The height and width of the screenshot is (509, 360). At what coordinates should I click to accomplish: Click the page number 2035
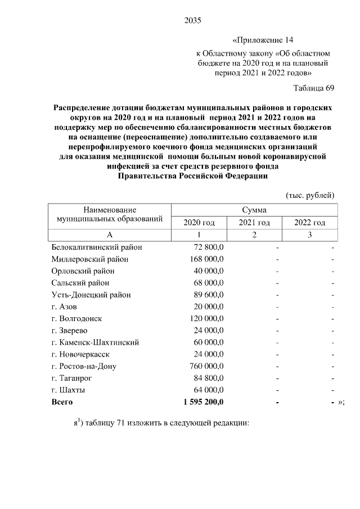[192, 21]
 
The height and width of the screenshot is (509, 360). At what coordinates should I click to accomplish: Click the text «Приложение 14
[263, 40]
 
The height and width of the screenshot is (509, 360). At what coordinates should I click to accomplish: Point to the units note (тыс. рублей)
[310, 195]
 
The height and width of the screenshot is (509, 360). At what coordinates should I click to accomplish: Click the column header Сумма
[254, 209]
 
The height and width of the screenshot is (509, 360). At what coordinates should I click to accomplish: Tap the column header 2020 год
[199, 223]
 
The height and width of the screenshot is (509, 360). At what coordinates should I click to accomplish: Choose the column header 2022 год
[309, 223]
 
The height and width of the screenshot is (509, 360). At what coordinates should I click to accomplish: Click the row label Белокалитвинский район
[96, 247]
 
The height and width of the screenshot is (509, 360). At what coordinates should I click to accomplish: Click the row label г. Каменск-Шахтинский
[95, 342]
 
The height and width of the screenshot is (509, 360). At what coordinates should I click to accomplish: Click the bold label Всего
[62, 402]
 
